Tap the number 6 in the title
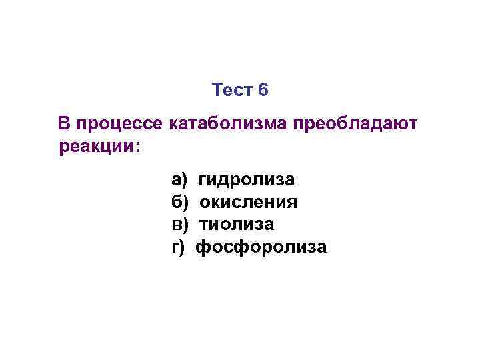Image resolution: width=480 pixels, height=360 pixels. (x=263, y=90)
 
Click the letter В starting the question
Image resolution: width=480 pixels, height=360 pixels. (x=64, y=123)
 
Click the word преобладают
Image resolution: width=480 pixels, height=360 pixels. (x=358, y=125)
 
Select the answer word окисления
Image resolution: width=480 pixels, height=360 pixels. (x=249, y=202)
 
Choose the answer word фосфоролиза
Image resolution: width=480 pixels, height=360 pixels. (x=261, y=247)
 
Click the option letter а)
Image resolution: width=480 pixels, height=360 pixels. (x=179, y=180)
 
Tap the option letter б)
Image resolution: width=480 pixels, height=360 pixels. (x=180, y=202)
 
